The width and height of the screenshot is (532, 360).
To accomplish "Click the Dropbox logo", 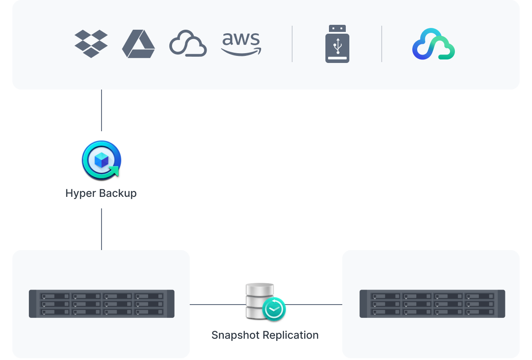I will pyautogui.click(x=91, y=43).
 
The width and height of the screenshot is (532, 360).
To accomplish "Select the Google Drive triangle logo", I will pyautogui.click(x=138, y=44).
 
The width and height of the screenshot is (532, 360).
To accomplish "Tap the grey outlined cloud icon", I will pyautogui.click(x=188, y=43).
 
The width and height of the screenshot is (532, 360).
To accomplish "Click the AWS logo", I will pyautogui.click(x=241, y=43).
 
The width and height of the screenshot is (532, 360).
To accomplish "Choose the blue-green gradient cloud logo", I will pyautogui.click(x=434, y=44).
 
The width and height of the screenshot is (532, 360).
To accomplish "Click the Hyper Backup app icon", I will pyautogui.click(x=101, y=160).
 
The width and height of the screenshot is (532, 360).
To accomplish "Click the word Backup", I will pyautogui.click(x=117, y=193).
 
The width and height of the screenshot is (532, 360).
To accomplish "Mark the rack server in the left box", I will pyautogui.click(x=102, y=304).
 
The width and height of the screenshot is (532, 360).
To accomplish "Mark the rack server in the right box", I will pyautogui.click(x=432, y=304).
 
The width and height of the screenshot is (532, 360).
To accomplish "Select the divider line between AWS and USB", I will pyautogui.click(x=292, y=43).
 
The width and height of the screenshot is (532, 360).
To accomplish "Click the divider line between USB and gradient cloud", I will pyautogui.click(x=382, y=43).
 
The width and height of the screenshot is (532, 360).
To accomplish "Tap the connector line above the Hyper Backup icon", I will pyautogui.click(x=102, y=111).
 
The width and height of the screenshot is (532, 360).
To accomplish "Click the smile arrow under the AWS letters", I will pyautogui.click(x=242, y=52).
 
